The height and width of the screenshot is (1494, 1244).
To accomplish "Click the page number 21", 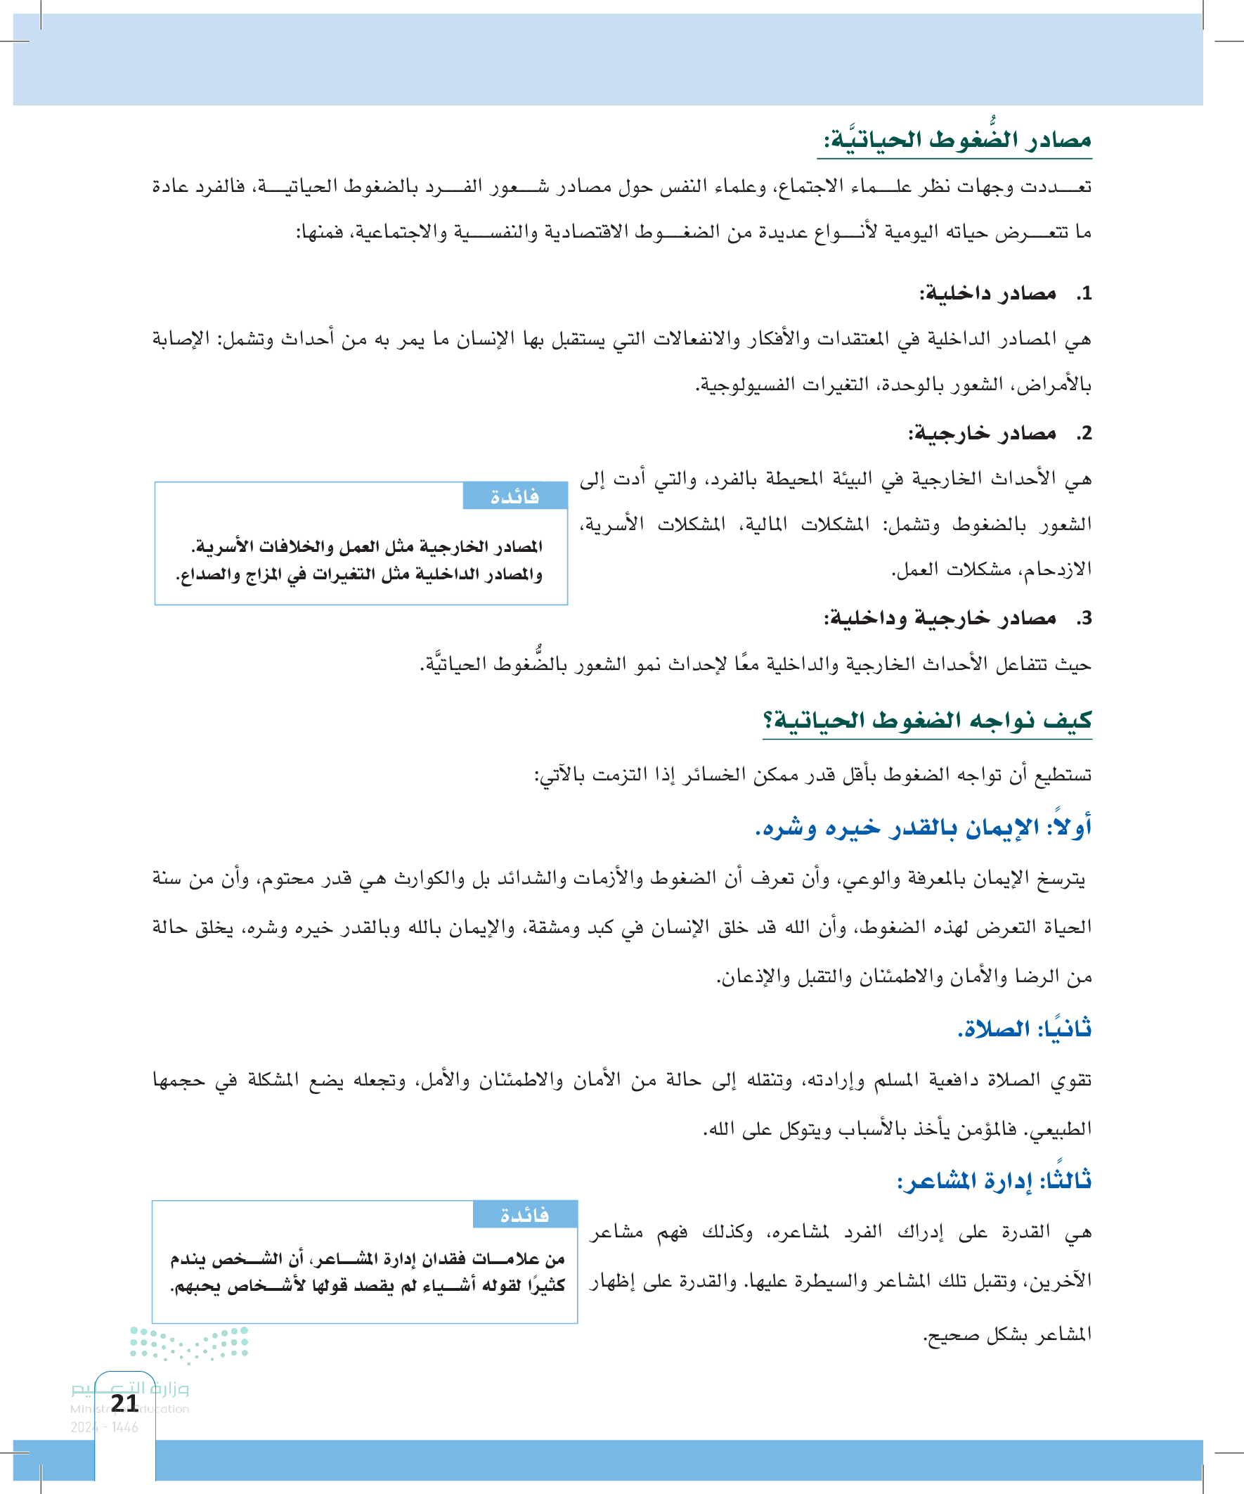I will tap(125, 1403).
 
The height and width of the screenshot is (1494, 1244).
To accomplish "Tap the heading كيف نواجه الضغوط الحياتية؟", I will tap(926, 720).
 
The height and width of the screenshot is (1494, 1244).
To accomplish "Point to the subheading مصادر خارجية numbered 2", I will tap(982, 432).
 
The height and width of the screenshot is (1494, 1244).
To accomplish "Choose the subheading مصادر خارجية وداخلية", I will tap(939, 617).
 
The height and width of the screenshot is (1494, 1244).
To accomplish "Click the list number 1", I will tap(1083, 293).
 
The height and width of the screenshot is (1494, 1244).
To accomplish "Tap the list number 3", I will tap(1083, 618).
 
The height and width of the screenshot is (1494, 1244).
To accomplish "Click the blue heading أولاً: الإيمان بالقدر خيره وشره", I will tap(923, 828).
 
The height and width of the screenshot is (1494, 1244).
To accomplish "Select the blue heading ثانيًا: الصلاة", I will tap(1024, 1028).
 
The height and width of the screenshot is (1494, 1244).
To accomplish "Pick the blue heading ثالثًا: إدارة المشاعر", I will tap(994, 1181).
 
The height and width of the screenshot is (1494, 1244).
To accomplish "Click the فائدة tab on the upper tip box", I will tap(514, 496).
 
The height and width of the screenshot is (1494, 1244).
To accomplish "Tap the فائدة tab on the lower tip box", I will tap(524, 1215).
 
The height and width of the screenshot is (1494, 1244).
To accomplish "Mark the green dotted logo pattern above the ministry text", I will tap(189, 1344).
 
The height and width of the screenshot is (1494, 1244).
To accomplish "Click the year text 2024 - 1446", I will tap(104, 1427).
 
